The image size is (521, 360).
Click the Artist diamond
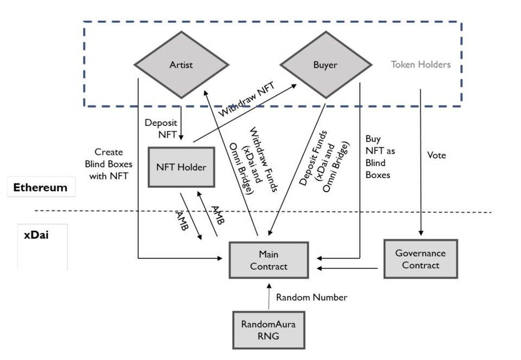coord(181,65)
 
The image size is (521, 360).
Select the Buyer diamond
coord(326,65)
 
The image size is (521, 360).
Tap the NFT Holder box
coord(181,167)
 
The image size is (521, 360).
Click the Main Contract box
coord(269,260)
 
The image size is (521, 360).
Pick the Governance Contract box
coord(421,259)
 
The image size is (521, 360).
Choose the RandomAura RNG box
coord(269,330)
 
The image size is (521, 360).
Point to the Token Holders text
coord(421,65)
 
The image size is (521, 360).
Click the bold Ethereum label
coord(40,187)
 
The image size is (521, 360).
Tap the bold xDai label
coord(36,235)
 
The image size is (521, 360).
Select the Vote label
coord(436,155)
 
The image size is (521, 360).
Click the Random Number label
coord(312,297)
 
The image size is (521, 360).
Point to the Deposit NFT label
coord(161,129)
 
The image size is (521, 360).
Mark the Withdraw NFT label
coord(246,99)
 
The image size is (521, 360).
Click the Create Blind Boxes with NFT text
coord(109,164)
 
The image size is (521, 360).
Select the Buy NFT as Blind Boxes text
coord(380,156)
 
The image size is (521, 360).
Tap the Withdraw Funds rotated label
coord(253,160)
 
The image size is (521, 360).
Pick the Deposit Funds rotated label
coord(325,162)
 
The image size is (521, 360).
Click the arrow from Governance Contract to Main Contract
coord(347,268)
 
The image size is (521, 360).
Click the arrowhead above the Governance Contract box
coord(421,233)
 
